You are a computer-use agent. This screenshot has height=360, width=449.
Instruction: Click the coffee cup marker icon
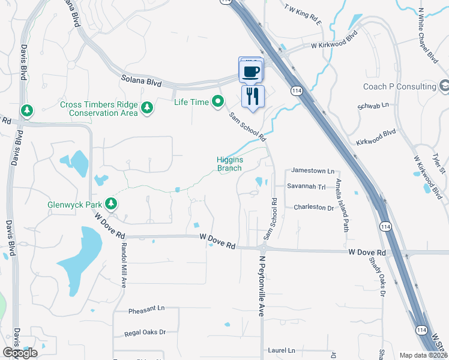[252, 71]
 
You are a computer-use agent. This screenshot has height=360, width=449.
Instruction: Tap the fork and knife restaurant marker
[253, 95]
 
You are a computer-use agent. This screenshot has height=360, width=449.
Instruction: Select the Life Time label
[191, 102]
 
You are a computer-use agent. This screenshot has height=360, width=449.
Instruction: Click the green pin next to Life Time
[218, 102]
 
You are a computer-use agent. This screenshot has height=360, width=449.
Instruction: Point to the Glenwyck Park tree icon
[110, 204]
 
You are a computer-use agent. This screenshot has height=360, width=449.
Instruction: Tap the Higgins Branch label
[229, 164]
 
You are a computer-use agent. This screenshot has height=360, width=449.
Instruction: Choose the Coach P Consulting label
[399, 86]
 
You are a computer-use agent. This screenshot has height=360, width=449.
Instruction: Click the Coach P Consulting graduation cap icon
[444, 87]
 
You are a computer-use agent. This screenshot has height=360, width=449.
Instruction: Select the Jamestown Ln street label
[312, 171]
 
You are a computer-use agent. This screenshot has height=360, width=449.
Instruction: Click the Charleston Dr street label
[313, 208]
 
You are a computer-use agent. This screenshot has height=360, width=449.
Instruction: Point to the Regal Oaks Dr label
[145, 332]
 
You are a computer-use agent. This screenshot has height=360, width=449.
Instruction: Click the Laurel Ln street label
[282, 350]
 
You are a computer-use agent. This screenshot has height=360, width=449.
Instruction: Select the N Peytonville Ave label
[262, 286]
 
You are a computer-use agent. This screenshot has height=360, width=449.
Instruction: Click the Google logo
[20, 353]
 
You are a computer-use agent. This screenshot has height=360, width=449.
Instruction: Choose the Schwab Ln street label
[373, 104]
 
